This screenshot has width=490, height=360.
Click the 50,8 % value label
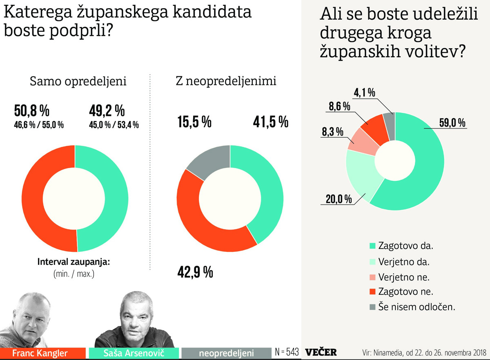point(31,111)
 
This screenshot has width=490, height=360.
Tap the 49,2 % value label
point(107,111)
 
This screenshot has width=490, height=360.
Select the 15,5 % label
point(194,122)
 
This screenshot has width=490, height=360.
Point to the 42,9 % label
point(195,272)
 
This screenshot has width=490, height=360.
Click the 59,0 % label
point(452,122)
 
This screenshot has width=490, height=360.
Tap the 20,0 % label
point(339,199)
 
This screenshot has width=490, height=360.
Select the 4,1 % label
point(364,93)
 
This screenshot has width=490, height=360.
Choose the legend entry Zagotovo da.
point(401,246)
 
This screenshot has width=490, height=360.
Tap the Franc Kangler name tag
point(40,353)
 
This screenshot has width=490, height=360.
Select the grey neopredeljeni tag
point(226,353)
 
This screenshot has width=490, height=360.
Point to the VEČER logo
point(321,352)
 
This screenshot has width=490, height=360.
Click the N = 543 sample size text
point(287,352)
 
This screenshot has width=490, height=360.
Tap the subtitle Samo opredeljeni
point(78,81)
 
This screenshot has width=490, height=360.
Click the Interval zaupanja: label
point(73,262)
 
